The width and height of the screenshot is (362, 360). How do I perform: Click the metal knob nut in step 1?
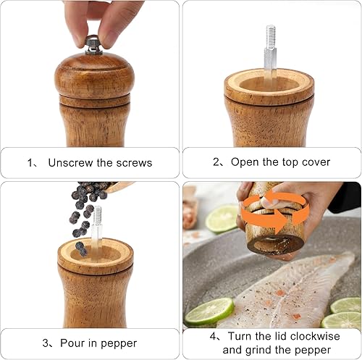pyautogui.click(x=93, y=44)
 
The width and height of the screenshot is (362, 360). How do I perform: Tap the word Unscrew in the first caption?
pyautogui.click(x=70, y=162)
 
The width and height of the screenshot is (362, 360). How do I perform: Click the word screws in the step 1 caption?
pyautogui.click(x=134, y=163)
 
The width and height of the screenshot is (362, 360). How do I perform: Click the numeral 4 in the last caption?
pyautogui.click(x=213, y=336)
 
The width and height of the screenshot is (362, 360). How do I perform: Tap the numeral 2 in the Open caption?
pyautogui.click(x=216, y=162)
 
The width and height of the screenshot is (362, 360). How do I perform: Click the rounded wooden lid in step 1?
pyautogui.click(x=94, y=76)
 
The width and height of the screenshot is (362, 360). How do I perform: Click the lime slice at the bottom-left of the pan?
pyautogui.click(x=209, y=311)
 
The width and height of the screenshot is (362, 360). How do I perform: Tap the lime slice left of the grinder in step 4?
pyautogui.click(x=222, y=219)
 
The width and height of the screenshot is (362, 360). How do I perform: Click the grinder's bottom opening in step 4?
pyautogui.click(x=275, y=244)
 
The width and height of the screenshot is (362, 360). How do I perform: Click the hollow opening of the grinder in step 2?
pyautogui.click(x=269, y=85)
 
